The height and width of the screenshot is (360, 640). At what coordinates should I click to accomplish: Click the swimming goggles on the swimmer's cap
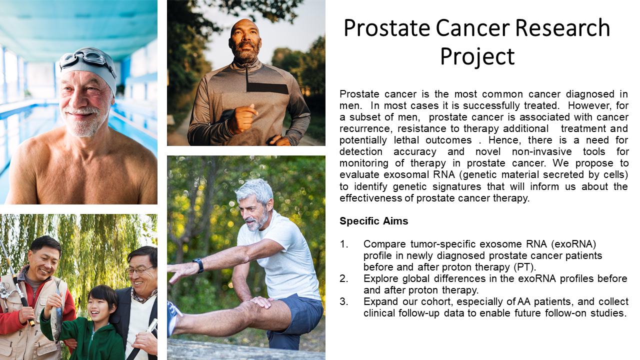pos(87,60)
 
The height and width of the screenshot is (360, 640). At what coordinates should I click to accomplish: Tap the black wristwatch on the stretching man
pos(198,265)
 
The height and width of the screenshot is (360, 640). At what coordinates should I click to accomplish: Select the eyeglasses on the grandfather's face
pos(139,270)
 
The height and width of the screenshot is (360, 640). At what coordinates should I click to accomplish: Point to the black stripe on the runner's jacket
pos(267,88)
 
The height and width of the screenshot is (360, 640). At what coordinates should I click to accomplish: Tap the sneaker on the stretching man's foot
pos(173,317)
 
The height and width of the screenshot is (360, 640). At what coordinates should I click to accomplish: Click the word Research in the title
pos(562,27)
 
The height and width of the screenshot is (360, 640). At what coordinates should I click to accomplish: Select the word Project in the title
pos(477,56)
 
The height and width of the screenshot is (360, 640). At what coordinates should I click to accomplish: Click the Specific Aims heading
pos(373,221)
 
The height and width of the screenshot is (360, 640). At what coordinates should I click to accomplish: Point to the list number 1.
pos(343,244)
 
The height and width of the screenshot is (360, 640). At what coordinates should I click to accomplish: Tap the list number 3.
pos(343,301)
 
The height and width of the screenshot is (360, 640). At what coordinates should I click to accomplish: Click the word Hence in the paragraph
pos(505,140)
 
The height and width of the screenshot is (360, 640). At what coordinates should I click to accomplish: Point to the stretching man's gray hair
pos(254,189)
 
